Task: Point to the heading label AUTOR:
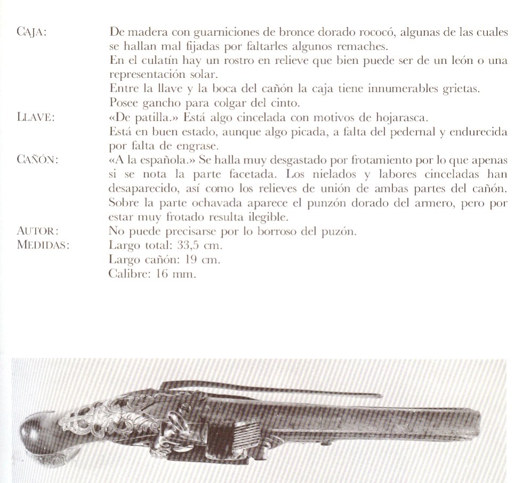37,232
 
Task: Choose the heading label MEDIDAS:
44,245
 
